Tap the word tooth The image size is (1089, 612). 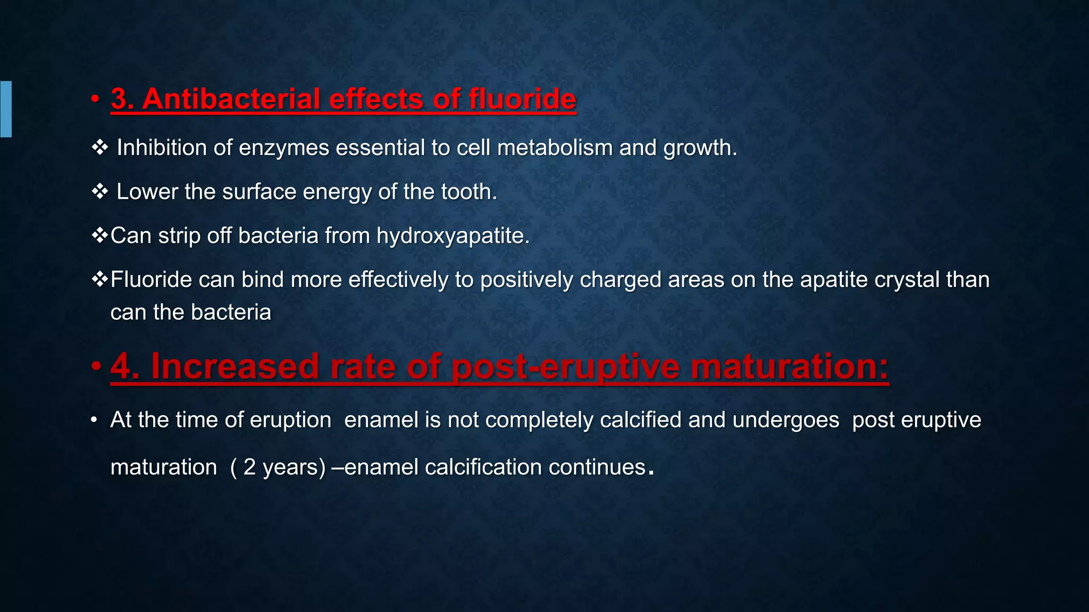(x=468, y=192)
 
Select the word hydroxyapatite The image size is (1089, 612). (x=453, y=236)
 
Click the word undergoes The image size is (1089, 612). (x=785, y=420)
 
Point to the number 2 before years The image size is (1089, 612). (x=249, y=467)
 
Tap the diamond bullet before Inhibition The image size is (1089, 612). (x=99, y=147)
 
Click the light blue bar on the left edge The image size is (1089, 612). (x=6, y=109)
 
